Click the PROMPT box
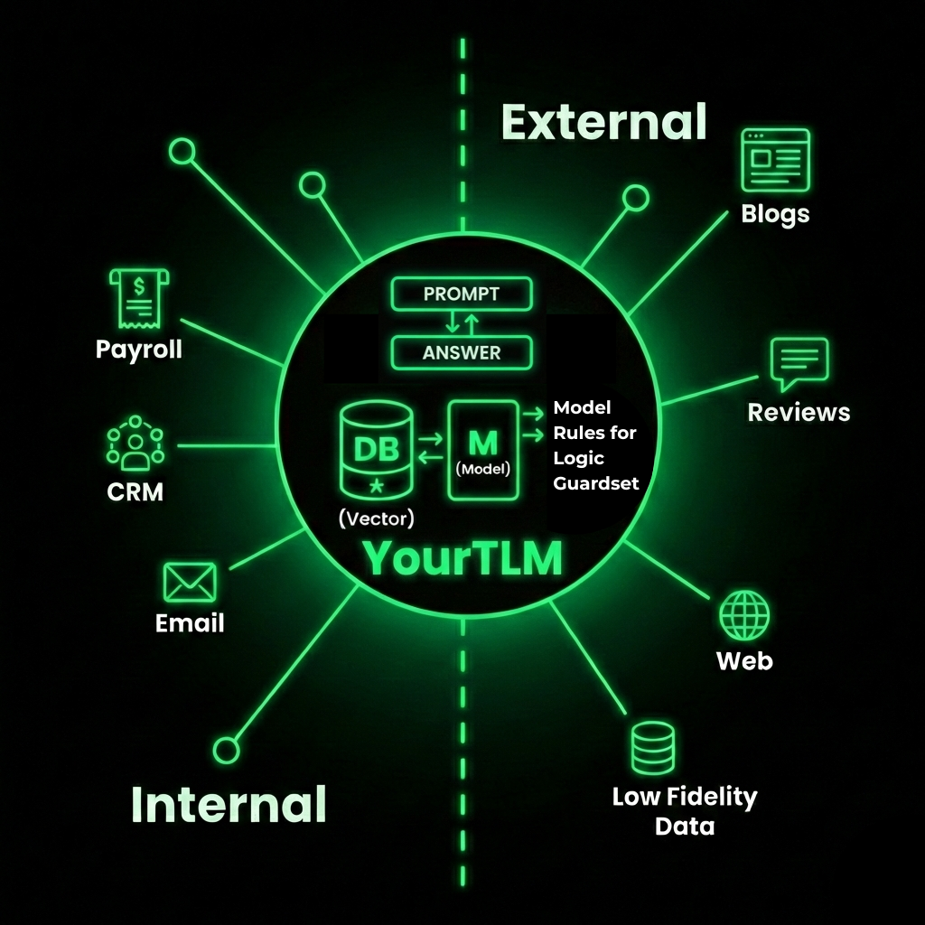(462, 294)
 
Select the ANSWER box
(462, 351)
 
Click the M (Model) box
(483, 450)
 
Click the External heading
(603, 122)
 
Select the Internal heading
(229, 803)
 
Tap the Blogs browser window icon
(775, 161)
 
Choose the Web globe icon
(744, 616)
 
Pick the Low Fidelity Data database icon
(652, 749)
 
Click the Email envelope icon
(190, 582)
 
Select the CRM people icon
(135, 444)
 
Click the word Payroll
(138, 349)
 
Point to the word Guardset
(595, 482)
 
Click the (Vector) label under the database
(376, 519)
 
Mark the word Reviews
(799, 412)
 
